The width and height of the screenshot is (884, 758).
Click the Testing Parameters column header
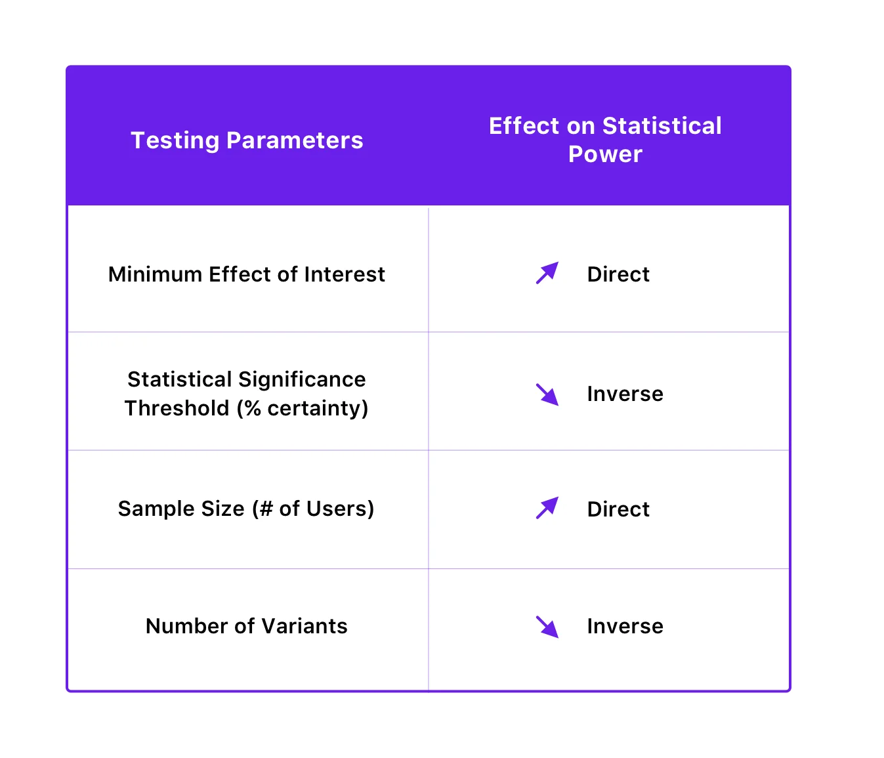click(x=247, y=140)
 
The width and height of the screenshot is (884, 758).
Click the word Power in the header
click(x=605, y=154)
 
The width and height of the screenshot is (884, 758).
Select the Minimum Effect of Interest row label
click(x=247, y=274)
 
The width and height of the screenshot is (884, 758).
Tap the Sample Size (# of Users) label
click(x=246, y=509)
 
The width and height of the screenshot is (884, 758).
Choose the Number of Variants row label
click(x=247, y=626)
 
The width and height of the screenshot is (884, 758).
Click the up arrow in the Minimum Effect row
click(x=547, y=273)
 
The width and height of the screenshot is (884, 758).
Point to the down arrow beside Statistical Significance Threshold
click(x=547, y=394)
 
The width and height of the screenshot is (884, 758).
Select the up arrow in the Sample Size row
click(x=547, y=508)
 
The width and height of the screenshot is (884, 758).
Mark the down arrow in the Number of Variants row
click(x=547, y=627)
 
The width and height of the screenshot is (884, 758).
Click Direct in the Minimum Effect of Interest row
click(x=618, y=274)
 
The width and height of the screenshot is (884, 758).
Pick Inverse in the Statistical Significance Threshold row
click(x=625, y=394)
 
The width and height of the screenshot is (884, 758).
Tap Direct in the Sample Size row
click(x=618, y=509)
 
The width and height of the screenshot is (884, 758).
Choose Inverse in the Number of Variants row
click(x=625, y=626)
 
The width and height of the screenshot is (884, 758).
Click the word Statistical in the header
click(x=662, y=126)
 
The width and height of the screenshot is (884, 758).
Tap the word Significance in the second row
click(x=302, y=379)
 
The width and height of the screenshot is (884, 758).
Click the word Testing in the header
click(x=175, y=140)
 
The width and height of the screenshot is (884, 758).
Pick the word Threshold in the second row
click(x=177, y=408)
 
